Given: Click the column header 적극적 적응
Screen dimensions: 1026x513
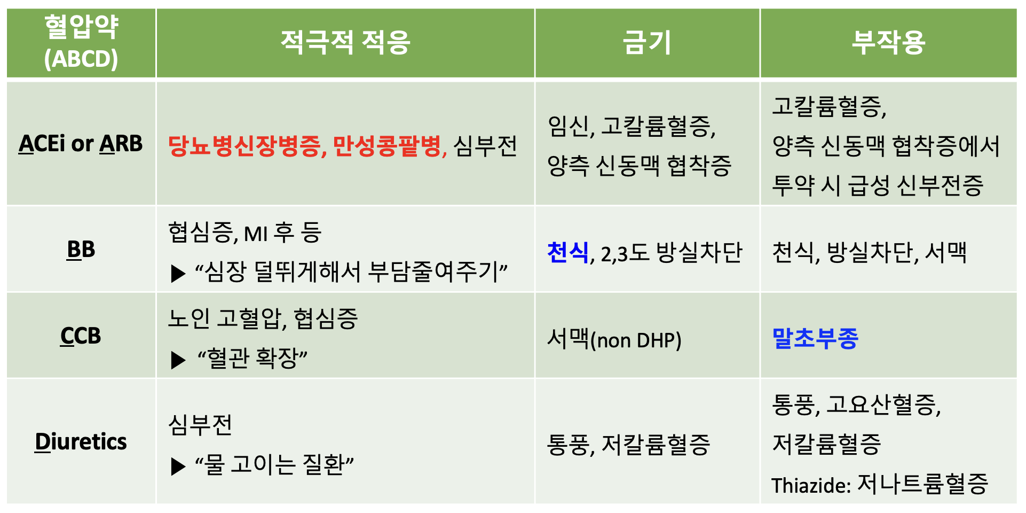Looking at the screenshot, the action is (x=345, y=42).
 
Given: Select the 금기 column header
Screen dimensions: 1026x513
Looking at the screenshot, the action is (x=647, y=42).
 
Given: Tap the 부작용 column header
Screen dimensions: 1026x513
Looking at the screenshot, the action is (x=888, y=42).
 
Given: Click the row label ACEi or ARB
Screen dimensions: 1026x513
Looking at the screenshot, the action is (x=81, y=143).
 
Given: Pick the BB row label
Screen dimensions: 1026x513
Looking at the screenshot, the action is (x=81, y=249).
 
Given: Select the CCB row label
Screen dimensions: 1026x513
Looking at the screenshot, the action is (x=81, y=336).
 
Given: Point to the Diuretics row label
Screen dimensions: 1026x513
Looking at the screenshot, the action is (x=81, y=441).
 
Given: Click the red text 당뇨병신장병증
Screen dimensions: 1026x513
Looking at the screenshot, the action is (x=244, y=145).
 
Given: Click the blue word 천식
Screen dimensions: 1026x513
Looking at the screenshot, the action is (x=568, y=252).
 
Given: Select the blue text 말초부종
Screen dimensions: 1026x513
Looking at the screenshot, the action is (x=815, y=338).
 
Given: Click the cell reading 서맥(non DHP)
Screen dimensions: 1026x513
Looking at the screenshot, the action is (x=614, y=339).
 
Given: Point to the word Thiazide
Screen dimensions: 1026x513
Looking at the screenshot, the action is (x=809, y=485).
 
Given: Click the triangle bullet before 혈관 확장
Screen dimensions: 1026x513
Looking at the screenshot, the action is (x=178, y=360).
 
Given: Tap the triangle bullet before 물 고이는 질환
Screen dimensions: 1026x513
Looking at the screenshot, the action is (x=178, y=467).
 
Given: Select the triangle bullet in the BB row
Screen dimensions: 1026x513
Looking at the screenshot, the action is (x=178, y=274).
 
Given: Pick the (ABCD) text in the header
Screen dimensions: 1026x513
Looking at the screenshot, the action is (x=81, y=59).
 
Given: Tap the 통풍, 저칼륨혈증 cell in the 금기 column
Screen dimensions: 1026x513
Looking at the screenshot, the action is (x=629, y=445).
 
